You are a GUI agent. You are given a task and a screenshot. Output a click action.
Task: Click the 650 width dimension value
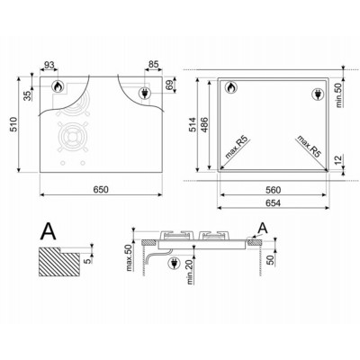click(x=101, y=190)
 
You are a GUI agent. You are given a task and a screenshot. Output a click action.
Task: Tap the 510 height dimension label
click(x=13, y=125)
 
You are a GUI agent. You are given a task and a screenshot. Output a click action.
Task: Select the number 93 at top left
click(x=49, y=65)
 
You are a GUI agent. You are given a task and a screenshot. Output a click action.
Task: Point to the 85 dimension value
click(x=153, y=65)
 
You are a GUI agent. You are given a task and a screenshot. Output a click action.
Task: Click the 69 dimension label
click(x=169, y=85)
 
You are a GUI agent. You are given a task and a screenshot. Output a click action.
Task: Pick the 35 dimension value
click(x=28, y=95)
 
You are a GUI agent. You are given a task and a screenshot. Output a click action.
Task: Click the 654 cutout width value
click(x=273, y=203)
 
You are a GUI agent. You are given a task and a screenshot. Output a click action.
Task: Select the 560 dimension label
click(x=273, y=190)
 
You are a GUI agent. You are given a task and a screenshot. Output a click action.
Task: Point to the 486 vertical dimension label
click(x=204, y=124)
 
